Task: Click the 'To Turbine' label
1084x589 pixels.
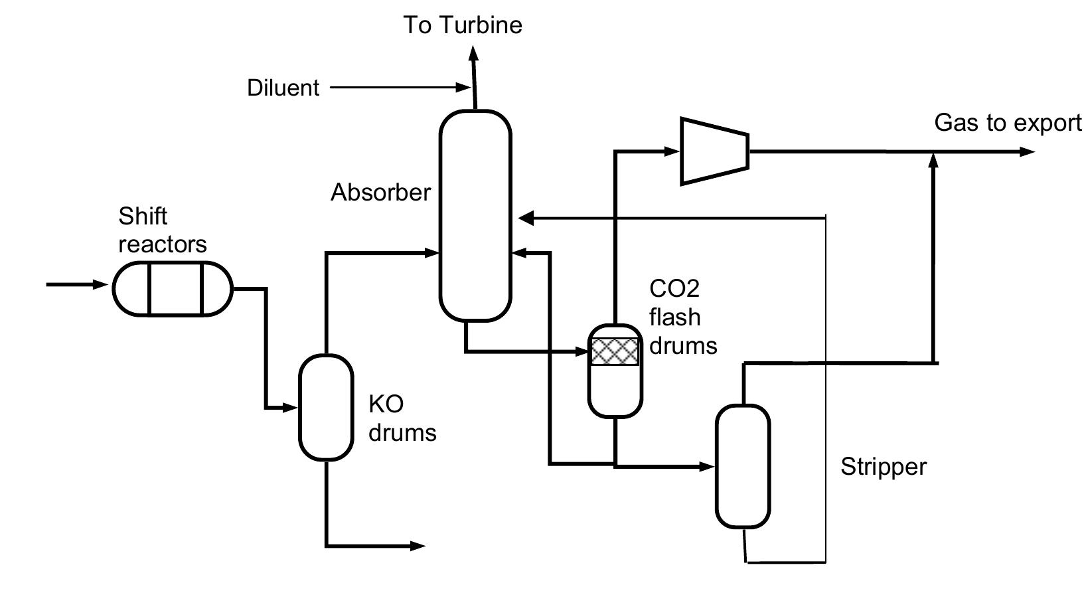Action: pyautogui.click(x=463, y=25)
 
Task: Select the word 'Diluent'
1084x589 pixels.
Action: pyautogui.click(x=283, y=88)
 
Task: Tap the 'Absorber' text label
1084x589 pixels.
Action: pyautogui.click(x=380, y=193)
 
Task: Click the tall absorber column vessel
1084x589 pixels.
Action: pyautogui.click(x=475, y=216)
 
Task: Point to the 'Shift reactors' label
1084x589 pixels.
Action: pyautogui.click(x=162, y=230)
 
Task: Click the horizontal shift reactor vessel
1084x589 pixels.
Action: pyautogui.click(x=173, y=288)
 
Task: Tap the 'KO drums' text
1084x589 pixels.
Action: pyautogui.click(x=402, y=418)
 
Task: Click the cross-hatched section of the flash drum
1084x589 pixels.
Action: pyautogui.click(x=615, y=352)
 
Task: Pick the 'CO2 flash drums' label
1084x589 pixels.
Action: pyautogui.click(x=682, y=317)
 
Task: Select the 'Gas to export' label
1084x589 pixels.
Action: pyautogui.click(x=1007, y=123)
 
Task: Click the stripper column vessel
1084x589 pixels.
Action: pyautogui.click(x=742, y=466)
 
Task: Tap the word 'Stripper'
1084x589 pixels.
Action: pyautogui.click(x=883, y=467)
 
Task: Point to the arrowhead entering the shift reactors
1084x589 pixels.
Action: pyautogui.click(x=101, y=285)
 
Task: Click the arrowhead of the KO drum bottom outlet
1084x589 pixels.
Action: pyautogui.click(x=418, y=546)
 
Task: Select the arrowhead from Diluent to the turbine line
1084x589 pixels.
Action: pyautogui.click(x=462, y=87)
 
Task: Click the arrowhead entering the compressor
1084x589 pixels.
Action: pyautogui.click(x=672, y=151)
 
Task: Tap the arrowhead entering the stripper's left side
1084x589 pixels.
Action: pyautogui.click(x=708, y=467)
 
